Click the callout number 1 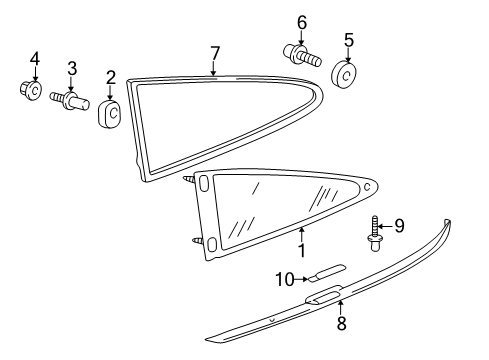[x=301, y=243]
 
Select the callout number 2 [x=111, y=76]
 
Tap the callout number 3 [x=71, y=68]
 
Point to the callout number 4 [x=33, y=58]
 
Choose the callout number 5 [x=348, y=41]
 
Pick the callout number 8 [x=340, y=325]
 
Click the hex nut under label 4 [x=32, y=92]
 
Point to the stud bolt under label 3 [x=74, y=100]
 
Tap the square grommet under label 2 [x=111, y=114]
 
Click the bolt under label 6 [x=302, y=53]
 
